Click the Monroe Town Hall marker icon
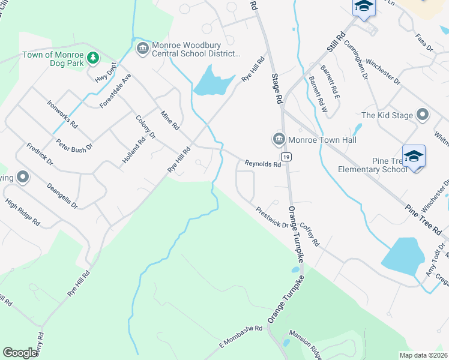coord(279,140)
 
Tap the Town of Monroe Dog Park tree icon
coord(92,57)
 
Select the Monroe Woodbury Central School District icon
coord(143,48)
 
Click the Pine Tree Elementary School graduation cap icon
coord(414,157)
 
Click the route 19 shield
coord(286,157)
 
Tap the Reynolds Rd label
coord(262,164)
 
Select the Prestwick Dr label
coord(272,217)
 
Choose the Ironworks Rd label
coord(62,114)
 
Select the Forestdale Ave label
coord(115,91)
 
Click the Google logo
coord(20,353)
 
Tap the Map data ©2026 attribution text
coord(423,355)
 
